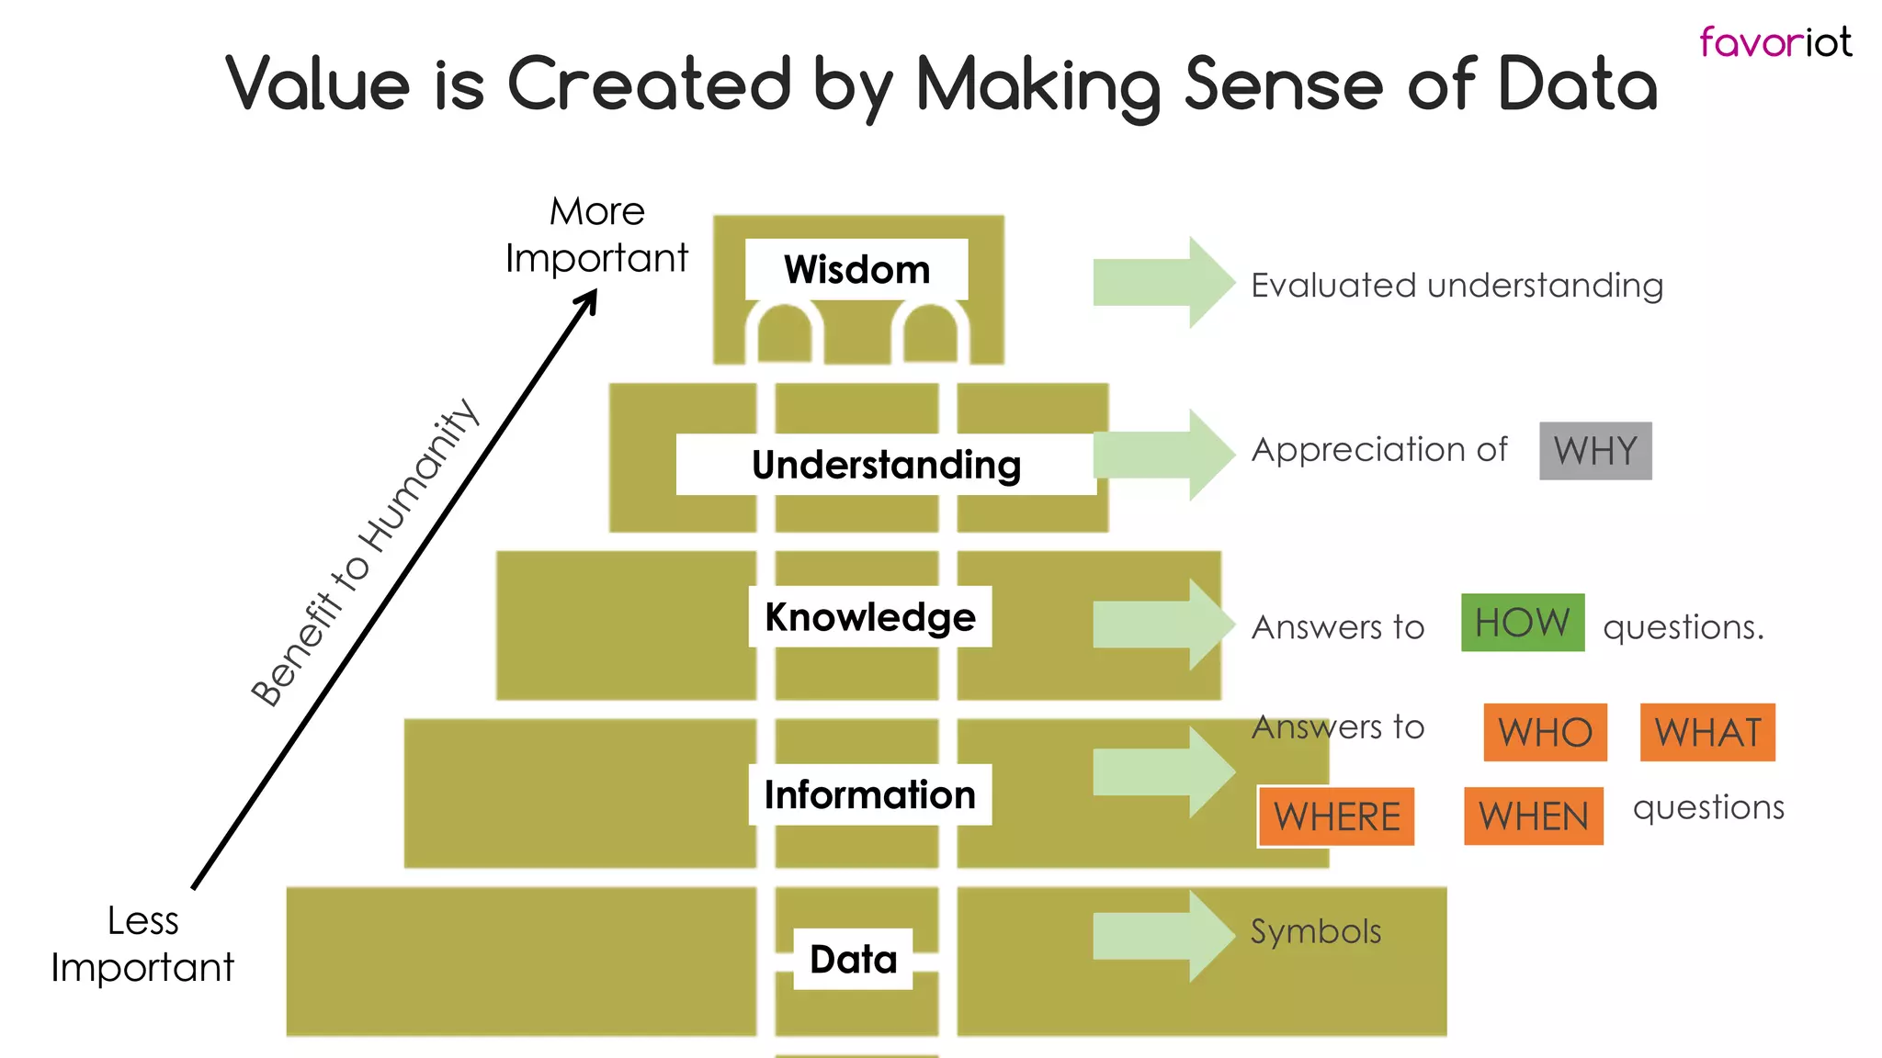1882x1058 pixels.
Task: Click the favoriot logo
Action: [x=1774, y=42]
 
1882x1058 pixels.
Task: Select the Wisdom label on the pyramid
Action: [x=856, y=270]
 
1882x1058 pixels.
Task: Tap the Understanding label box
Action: [x=886, y=465]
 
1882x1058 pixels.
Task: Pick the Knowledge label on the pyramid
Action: [x=869, y=616]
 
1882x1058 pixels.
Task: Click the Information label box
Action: [x=869, y=794]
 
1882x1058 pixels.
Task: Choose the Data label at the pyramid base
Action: [x=853, y=959]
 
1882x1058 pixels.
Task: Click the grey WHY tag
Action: [x=1595, y=451]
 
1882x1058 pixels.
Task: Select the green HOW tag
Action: [x=1523, y=623]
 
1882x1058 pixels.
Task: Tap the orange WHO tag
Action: [x=1545, y=733]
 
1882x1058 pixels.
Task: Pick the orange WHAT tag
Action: [x=1707, y=733]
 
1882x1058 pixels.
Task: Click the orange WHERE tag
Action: [x=1336, y=816]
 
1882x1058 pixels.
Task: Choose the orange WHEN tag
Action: [x=1533, y=816]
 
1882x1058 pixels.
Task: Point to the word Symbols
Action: [x=1316, y=931]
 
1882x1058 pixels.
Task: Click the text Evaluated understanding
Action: [x=1457, y=286]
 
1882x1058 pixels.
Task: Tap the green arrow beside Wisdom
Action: [x=1163, y=283]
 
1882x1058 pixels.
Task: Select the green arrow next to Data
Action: [x=1163, y=937]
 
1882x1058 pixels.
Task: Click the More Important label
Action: [x=596, y=235]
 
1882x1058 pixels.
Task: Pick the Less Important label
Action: [x=142, y=944]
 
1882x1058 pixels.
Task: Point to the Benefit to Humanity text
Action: [x=365, y=553]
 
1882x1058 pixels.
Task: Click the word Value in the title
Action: [x=317, y=84]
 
